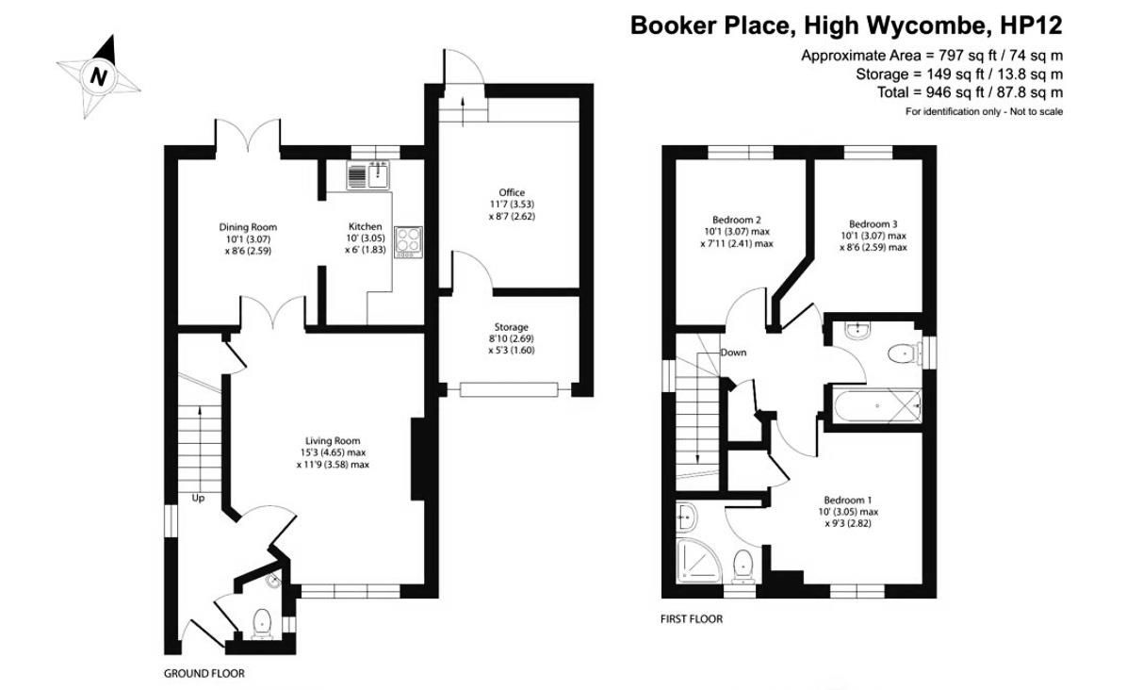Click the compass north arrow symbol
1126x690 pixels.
coord(98,75)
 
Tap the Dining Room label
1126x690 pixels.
coord(248,227)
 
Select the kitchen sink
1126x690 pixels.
coord(368,175)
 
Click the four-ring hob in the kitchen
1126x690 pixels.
coord(409,242)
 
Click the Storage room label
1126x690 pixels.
coord(512,327)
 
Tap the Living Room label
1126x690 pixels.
coord(333,440)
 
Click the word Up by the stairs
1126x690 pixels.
coord(199,498)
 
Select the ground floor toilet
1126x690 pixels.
coord(262,621)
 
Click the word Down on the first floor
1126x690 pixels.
coord(733,353)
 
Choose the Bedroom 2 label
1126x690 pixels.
coord(738,221)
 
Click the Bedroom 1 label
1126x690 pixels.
coord(848,500)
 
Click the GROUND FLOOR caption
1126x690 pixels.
coord(204,674)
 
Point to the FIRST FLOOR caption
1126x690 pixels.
coord(692,619)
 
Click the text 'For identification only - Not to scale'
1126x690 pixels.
coord(984,112)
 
